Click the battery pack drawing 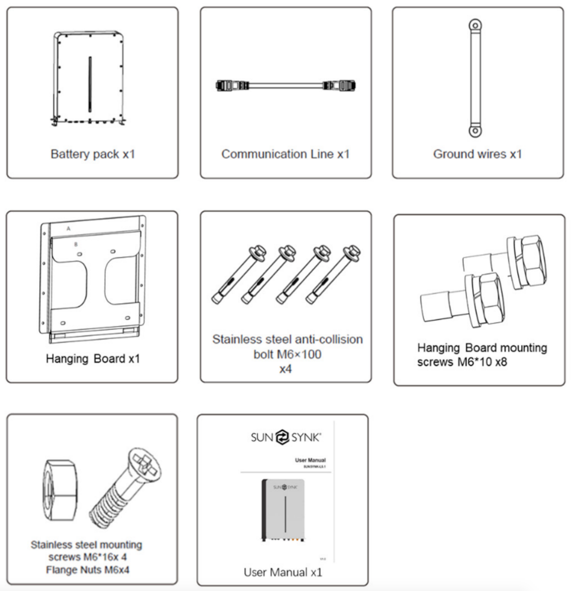pos(89,79)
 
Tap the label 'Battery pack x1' pos(93,154)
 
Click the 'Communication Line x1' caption pos(285,154)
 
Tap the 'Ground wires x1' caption pos(477,154)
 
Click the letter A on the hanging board pos(69,229)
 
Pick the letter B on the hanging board pos(76,244)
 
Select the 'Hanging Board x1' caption pos(93,359)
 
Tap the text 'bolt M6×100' pos(287,354)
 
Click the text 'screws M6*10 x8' pos(462,362)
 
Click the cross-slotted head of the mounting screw pos(145,465)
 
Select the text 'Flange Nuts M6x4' pos(88,570)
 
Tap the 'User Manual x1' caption pos(283,572)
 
